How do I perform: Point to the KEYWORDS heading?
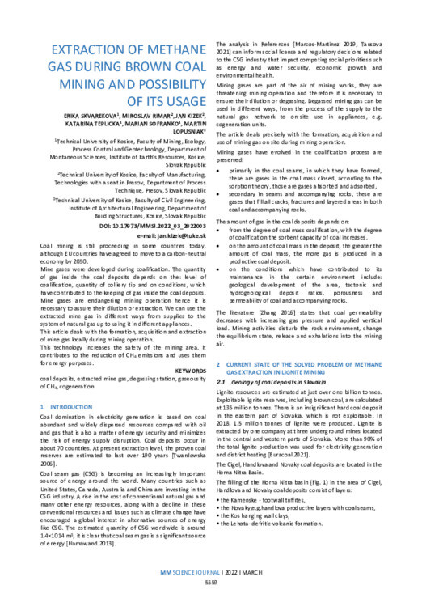coord(181,326)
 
